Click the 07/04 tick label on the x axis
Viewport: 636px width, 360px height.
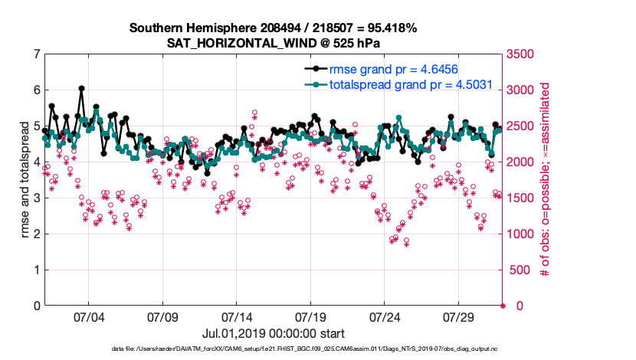(x=88, y=317)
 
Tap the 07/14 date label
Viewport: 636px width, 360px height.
(x=237, y=317)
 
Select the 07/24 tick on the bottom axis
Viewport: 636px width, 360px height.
(x=385, y=317)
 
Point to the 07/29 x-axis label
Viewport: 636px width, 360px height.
(x=459, y=317)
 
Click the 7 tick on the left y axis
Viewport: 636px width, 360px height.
(x=36, y=54)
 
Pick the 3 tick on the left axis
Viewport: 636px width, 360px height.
(x=36, y=198)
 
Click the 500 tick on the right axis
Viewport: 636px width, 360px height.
(x=516, y=270)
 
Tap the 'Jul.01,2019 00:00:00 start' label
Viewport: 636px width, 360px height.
(x=273, y=333)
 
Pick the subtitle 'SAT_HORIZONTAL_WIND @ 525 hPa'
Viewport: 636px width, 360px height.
(x=273, y=43)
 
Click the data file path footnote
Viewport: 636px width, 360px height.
(x=273, y=349)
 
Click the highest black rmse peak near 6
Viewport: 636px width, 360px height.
(x=81, y=89)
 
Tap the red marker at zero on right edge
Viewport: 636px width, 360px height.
(x=503, y=306)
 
